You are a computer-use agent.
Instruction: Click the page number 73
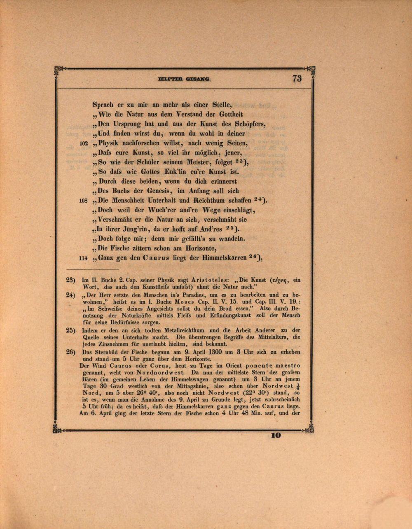(297, 78)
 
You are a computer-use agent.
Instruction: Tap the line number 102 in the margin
(84, 144)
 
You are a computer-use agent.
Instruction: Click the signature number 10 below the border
(276, 434)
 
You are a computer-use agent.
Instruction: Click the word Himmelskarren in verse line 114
(224, 258)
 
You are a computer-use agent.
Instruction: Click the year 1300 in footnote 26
(216, 352)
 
